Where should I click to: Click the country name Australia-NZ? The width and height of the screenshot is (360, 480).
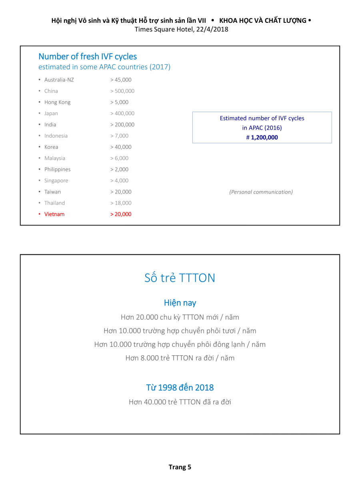(x=59, y=80)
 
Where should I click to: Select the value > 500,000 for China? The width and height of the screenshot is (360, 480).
(x=122, y=91)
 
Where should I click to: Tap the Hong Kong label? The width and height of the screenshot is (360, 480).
(x=57, y=102)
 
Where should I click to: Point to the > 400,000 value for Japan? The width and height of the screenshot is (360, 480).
(x=122, y=113)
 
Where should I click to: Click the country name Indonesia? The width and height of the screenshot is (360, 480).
(x=56, y=136)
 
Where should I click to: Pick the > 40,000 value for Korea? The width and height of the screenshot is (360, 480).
(x=120, y=147)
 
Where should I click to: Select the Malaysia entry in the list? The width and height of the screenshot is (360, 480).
(x=55, y=158)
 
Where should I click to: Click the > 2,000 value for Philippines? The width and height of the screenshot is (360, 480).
(x=119, y=169)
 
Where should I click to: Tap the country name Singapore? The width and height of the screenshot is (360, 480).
(x=56, y=180)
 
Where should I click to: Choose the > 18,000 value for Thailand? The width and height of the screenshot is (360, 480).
(x=120, y=203)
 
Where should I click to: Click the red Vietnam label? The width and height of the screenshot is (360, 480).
(x=54, y=214)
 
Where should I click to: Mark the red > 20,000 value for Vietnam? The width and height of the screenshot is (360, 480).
(x=120, y=214)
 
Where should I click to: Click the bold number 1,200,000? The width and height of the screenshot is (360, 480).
(x=264, y=138)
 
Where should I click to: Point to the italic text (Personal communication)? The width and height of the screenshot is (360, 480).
(x=261, y=192)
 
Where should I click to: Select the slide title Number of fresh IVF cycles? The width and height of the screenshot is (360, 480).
(x=88, y=56)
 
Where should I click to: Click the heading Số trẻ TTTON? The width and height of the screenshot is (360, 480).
(x=180, y=278)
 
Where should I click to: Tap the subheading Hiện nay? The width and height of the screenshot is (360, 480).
(x=180, y=303)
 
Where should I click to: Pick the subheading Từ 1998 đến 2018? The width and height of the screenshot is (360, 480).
(x=180, y=387)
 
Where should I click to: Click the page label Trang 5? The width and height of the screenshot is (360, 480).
(x=180, y=467)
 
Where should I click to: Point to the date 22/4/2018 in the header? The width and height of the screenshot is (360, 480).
(x=212, y=29)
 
